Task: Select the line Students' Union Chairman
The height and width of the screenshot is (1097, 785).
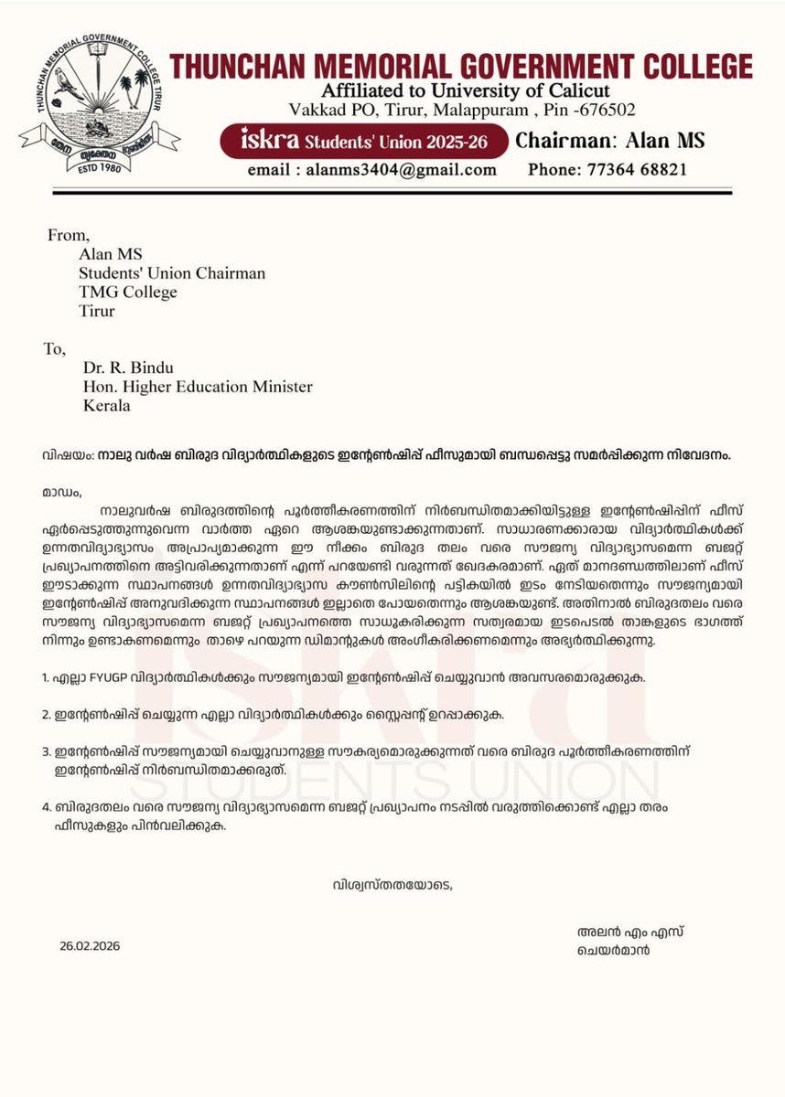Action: pos(171,273)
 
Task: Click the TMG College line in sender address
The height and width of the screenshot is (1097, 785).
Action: pos(127,293)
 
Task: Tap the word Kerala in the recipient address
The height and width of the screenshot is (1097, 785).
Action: pos(106,405)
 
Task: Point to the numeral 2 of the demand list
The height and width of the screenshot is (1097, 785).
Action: pos(45,719)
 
